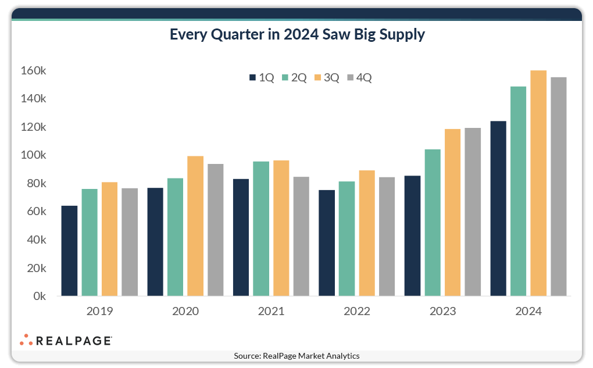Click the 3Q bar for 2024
coord(538,183)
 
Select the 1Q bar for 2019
coord(69,251)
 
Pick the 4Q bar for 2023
coord(473,212)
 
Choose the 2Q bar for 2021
coord(261,228)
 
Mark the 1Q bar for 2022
coord(327,243)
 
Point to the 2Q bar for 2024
coord(518,191)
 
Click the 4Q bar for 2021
coord(301,236)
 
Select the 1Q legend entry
coord(262,77)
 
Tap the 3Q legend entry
coord(326,77)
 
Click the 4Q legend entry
coord(359,77)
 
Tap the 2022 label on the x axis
coord(357,311)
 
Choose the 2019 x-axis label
coord(99,311)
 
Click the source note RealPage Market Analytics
coord(296,356)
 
